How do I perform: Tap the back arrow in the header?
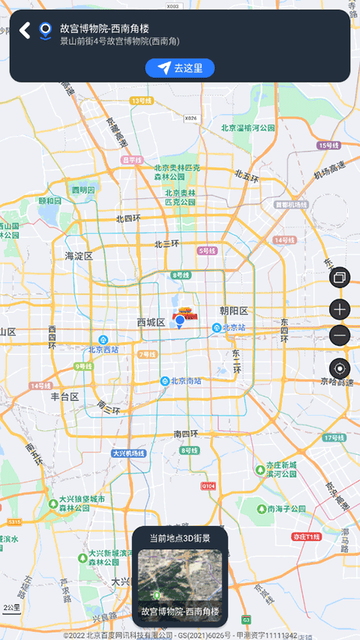pos(24,30)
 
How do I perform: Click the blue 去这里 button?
pos(180,68)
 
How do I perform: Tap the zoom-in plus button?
pos(340,309)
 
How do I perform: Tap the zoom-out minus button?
pos(340,336)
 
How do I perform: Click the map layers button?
pos(340,278)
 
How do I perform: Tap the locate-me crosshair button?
pos(340,368)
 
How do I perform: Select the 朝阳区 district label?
pos(234,311)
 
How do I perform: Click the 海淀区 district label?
pos(79,256)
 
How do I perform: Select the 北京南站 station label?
pos(184,381)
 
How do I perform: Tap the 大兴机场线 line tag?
pos(129,453)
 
